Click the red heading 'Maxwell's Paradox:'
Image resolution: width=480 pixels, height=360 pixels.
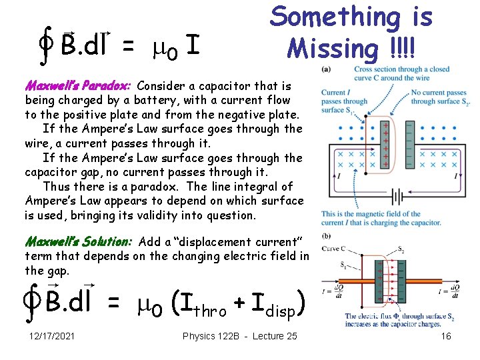(79, 86)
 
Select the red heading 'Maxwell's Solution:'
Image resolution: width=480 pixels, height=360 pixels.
(78, 241)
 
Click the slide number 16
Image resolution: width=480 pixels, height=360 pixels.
(446, 336)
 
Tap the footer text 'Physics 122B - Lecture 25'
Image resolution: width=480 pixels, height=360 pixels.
(240, 336)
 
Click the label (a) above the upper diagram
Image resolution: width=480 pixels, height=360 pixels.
(327, 69)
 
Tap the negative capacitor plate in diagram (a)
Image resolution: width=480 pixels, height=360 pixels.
(403, 143)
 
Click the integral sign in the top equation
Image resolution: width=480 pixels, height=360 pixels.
(47, 44)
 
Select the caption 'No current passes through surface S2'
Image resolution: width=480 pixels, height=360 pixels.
(439, 97)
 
